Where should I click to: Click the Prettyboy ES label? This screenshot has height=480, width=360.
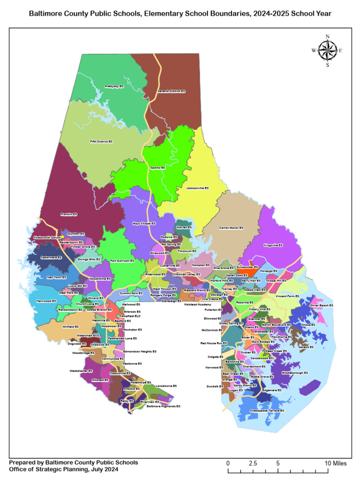click(114, 86)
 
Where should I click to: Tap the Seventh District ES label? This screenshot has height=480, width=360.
click(171, 91)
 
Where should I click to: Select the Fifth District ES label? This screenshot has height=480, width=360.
click(101, 141)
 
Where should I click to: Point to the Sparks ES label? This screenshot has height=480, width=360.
click(157, 167)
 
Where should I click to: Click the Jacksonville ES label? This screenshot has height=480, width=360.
click(197, 188)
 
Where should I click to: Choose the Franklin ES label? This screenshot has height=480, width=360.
click(69, 214)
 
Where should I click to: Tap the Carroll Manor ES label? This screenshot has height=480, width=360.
click(232, 228)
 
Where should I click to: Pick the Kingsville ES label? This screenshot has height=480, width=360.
click(273, 245)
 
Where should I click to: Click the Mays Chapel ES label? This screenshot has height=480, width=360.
click(144, 224)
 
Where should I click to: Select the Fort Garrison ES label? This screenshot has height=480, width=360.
click(122, 261)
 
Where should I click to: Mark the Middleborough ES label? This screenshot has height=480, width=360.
click(295, 373)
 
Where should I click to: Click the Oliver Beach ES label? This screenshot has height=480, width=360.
click(322, 305)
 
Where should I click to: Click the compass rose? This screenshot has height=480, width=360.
click(327, 51)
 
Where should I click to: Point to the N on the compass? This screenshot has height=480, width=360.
click(327, 37)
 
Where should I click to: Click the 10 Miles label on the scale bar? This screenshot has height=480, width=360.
click(336, 463)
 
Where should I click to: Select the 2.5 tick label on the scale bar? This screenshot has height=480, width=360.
click(253, 463)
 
